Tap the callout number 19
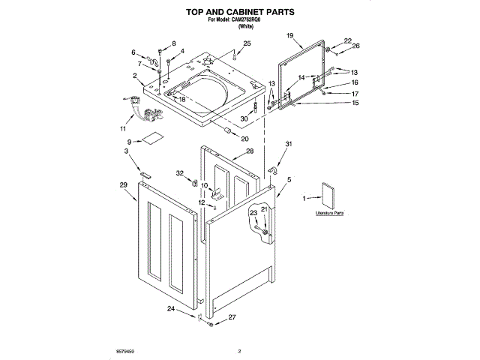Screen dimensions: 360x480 pyautogui.click(x=289, y=35)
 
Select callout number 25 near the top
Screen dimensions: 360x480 pyautogui.click(x=247, y=45)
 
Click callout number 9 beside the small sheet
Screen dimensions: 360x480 pyautogui.click(x=129, y=141)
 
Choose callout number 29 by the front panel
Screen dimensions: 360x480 pyautogui.click(x=123, y=184)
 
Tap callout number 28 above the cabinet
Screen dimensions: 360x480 pyautogui.click(x=250, y=151)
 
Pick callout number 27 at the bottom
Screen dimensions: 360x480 pyautogui.click(x=232, y=317)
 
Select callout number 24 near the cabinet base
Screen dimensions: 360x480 pyautogui.click(x=170, y=309)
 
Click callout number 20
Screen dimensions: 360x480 pyautogui.click(x=244, y=138)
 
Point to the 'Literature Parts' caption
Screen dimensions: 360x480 pyautogui.click(x=329, y=214)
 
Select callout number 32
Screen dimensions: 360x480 pyautogui.click(x=179, y=174)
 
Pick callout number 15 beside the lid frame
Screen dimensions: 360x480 pyautogui.click(x=355, y=103)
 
